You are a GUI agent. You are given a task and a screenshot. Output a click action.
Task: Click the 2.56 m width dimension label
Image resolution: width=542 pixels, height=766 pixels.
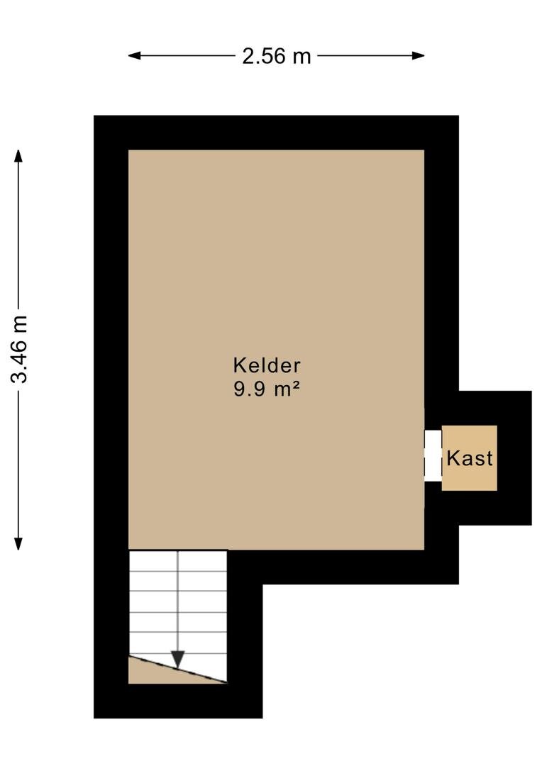point(277,56)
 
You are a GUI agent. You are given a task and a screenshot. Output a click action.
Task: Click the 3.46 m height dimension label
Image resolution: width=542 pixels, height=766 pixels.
point(20,349)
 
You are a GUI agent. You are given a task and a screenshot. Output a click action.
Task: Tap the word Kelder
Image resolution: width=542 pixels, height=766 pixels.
point(267,365)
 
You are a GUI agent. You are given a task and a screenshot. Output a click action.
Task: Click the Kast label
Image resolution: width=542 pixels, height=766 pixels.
point(470,458)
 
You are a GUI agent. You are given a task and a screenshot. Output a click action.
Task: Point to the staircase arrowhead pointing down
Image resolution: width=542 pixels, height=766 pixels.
point(178,660)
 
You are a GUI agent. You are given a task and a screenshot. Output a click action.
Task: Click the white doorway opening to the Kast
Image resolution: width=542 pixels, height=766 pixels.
point(433,455)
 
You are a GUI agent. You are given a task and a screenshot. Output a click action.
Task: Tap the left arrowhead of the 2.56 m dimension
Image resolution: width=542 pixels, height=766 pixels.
point(134,56)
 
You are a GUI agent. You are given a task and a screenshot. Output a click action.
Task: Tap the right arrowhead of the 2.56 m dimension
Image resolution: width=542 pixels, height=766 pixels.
point(418,56)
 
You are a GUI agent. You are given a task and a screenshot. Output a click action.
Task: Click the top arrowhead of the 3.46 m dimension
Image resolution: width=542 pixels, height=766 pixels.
point(18,156)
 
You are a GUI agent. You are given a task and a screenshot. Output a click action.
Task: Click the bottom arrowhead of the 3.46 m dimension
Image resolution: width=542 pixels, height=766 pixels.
point(18,543)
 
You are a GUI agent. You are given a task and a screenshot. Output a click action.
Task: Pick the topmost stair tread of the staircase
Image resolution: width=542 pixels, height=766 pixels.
point(178,560)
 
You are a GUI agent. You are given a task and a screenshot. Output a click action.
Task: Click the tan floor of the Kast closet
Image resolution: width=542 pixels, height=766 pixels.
point(470,457)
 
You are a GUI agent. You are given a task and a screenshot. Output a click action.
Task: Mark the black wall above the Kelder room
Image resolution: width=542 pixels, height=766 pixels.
point(276,133)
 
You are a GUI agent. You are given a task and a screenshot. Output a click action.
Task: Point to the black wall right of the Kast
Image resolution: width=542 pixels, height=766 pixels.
point(514,457)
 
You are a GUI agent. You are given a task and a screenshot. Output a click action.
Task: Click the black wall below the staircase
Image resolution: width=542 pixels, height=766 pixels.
point(178,701)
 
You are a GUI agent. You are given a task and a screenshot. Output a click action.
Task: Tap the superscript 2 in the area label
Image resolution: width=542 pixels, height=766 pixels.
point(296,385)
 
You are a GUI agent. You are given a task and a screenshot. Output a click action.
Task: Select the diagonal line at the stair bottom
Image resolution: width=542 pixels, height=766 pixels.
point(178,670)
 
